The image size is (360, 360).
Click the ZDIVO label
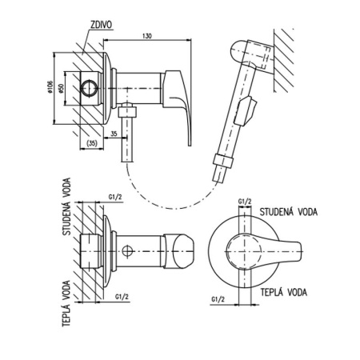point(102,25)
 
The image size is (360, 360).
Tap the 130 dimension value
point(146,36)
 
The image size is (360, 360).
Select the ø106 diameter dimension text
point(50,87)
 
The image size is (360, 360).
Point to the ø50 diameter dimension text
point(61,88)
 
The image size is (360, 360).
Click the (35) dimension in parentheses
point(91,143)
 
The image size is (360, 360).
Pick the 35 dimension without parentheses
point(114,134)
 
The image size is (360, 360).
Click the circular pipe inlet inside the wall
point(89,88)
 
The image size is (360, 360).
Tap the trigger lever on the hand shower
point(246,111)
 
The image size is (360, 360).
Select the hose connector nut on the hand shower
point(223,161)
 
